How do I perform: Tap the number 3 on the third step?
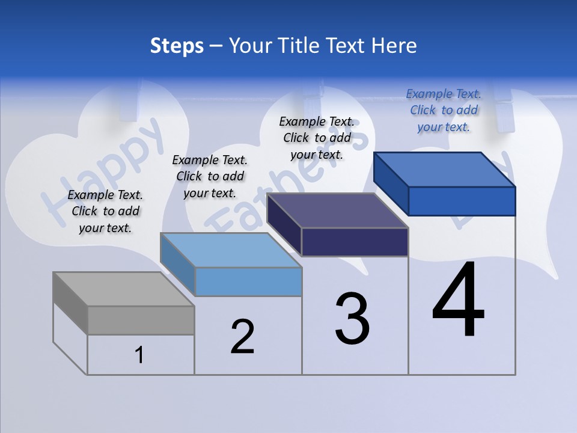[352, 318]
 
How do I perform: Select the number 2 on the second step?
[242, 336]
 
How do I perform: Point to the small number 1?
[139, 355]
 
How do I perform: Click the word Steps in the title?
[177, 46]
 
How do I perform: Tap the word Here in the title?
[394, 46]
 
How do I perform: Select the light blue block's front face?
[248, 281]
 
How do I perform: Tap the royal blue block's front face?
[462, 201]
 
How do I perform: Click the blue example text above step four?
[444, 110]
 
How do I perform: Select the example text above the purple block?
[317, 138]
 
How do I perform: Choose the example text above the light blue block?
[210, 176]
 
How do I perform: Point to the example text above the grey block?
[105, 211]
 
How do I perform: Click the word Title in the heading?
[299, 46]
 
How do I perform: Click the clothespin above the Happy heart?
[129, 102]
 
